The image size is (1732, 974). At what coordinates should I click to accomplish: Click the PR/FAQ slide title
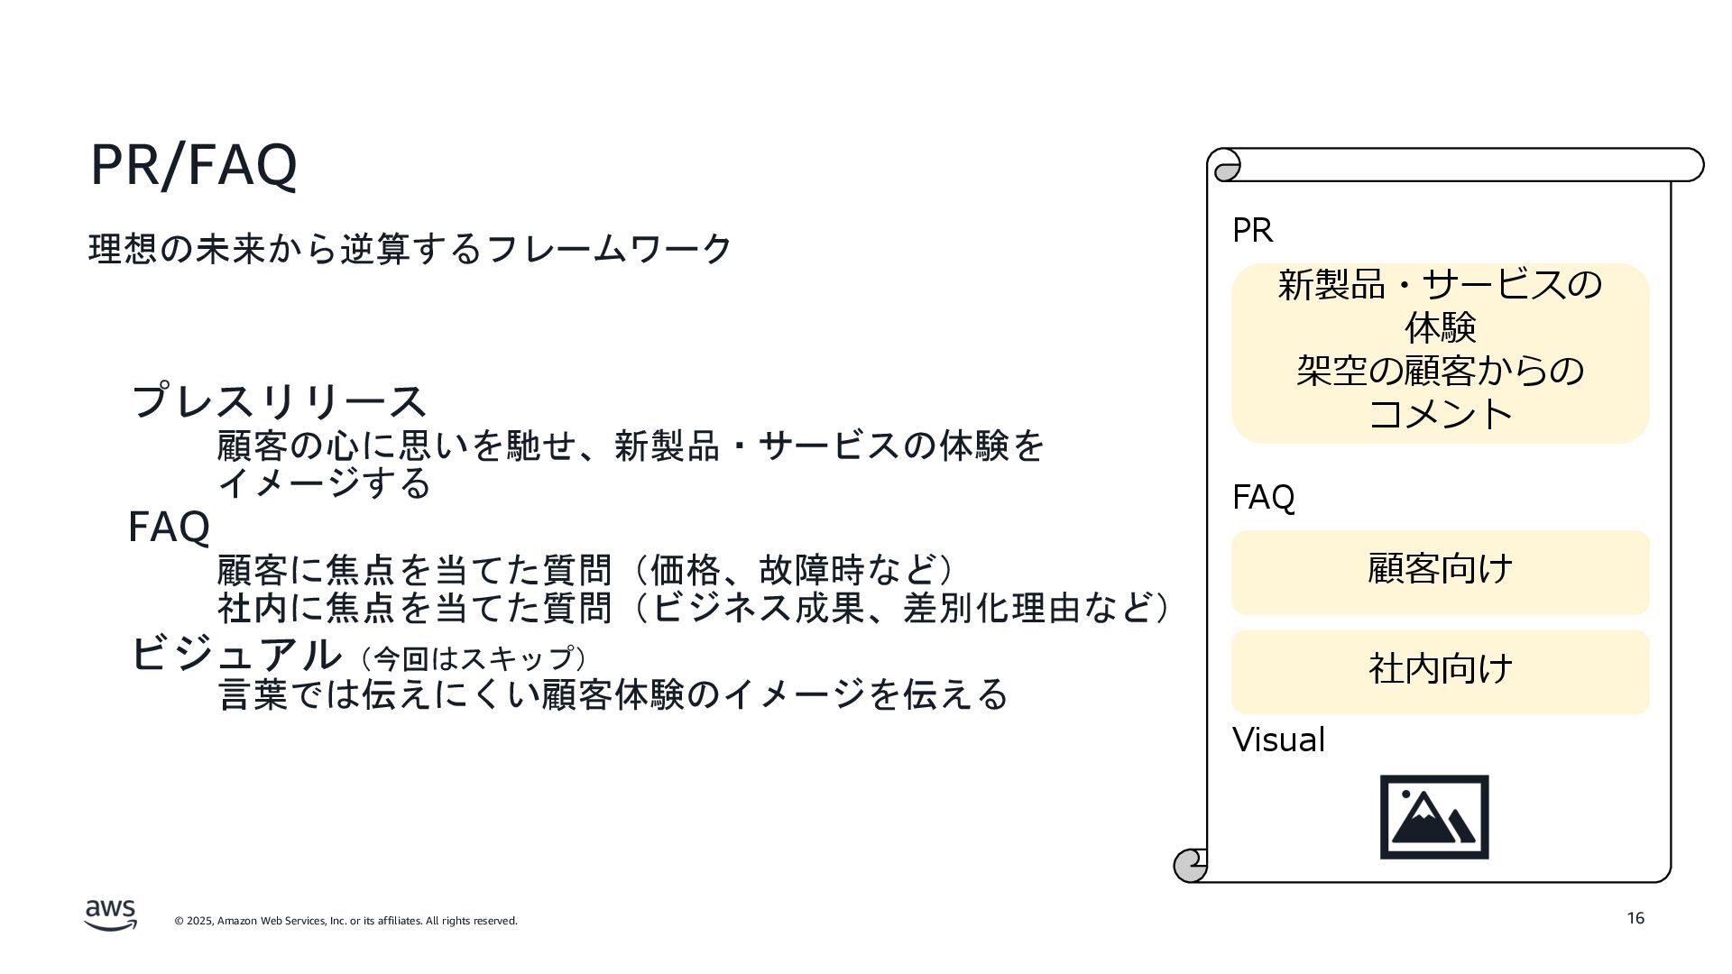click(193, 165)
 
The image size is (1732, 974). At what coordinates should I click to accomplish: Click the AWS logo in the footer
click(111, 914)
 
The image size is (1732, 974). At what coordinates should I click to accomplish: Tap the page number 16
click(1635, 918)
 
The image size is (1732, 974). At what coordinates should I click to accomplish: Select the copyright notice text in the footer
click(345, 921)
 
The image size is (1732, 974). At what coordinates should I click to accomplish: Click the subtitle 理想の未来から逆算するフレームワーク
click(410, 249)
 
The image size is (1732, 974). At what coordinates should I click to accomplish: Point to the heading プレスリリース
click(278, 400)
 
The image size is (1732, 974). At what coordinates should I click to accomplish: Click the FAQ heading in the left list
click(169, 527)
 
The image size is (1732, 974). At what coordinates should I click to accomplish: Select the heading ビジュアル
click(236, 654)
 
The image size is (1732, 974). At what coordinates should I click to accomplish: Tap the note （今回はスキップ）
click(474, 658)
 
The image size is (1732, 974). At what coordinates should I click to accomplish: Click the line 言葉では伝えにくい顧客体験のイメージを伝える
click(613, 694)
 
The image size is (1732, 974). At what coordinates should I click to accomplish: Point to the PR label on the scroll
click(1252, 231)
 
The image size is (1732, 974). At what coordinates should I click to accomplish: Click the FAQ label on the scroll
click(1263, 498)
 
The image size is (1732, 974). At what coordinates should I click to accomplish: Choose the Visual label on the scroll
click(1278, 740)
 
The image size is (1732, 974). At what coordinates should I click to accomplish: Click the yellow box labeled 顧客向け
click(1440, 572)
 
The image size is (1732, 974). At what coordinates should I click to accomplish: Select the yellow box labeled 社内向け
click(1440, 672)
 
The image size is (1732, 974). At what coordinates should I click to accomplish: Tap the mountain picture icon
click(1434, 817)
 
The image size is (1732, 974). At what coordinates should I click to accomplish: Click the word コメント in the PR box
click(1440, 414)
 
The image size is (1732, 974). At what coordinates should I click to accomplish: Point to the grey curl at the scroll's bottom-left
click(1190, 865)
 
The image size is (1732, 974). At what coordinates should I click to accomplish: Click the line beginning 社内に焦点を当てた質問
click(693, 608)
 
